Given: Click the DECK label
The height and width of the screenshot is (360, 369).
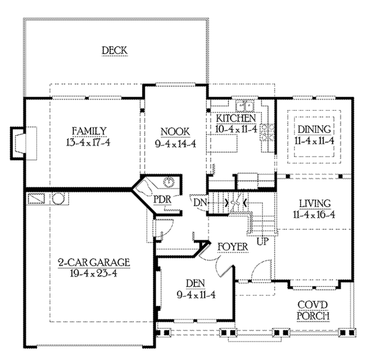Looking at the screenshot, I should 114,50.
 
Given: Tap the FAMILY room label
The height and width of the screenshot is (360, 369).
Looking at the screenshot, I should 89,131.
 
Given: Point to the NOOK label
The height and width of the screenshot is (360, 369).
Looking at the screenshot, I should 175,131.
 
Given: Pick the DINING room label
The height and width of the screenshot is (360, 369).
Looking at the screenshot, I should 314,130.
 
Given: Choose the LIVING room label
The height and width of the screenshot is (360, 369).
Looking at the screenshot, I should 315,203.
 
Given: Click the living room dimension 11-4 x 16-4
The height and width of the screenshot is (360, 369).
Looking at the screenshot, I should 315,215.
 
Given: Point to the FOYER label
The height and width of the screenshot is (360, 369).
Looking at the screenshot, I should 233,247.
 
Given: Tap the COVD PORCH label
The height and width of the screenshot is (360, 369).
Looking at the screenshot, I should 313,310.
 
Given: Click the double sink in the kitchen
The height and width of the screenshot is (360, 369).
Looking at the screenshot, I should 245,104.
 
